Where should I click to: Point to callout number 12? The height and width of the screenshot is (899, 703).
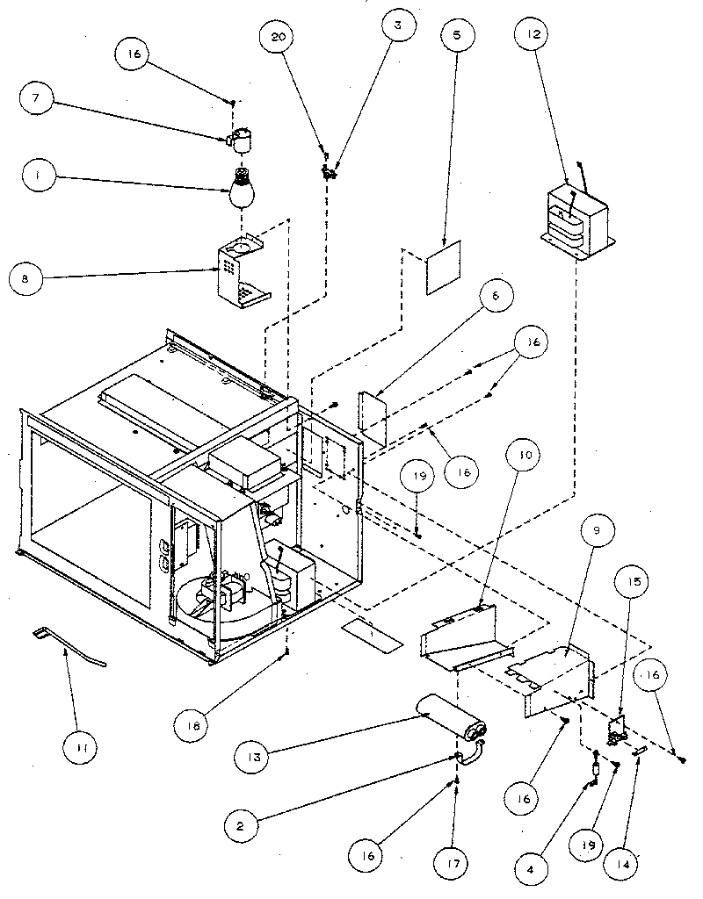tap(536, 34)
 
